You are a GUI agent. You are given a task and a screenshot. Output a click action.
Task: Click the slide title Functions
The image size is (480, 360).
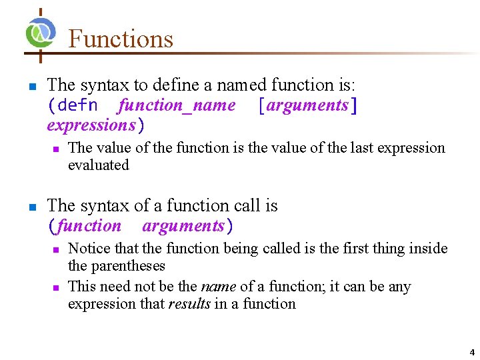pos(121,39)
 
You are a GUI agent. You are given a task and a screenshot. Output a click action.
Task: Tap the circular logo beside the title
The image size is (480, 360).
pos(41,32)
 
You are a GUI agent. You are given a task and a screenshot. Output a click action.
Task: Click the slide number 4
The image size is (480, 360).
pos(472,352)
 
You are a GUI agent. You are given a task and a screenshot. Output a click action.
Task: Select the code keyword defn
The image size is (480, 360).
pos(77,105)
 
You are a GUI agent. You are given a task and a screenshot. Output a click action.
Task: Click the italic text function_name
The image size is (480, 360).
pos(177,105)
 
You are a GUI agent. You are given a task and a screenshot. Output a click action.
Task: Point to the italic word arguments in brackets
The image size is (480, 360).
pos(307,105)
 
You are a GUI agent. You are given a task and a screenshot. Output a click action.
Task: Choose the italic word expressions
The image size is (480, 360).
pos(91,125)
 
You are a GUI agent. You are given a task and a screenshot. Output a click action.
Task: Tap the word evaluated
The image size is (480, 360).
pos(99,165)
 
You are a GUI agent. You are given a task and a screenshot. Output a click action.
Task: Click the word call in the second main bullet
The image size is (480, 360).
pos(247,206)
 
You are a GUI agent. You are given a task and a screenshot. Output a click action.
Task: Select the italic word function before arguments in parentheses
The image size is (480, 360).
pos(89,226)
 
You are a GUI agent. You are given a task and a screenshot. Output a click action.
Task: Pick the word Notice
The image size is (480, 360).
pos(89,249)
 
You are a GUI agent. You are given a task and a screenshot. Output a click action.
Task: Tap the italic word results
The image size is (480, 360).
pos(189,304)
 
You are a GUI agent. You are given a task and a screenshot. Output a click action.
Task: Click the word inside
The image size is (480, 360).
pos(427,249)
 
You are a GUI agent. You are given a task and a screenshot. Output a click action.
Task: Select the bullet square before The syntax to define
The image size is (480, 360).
pos(31,87)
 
